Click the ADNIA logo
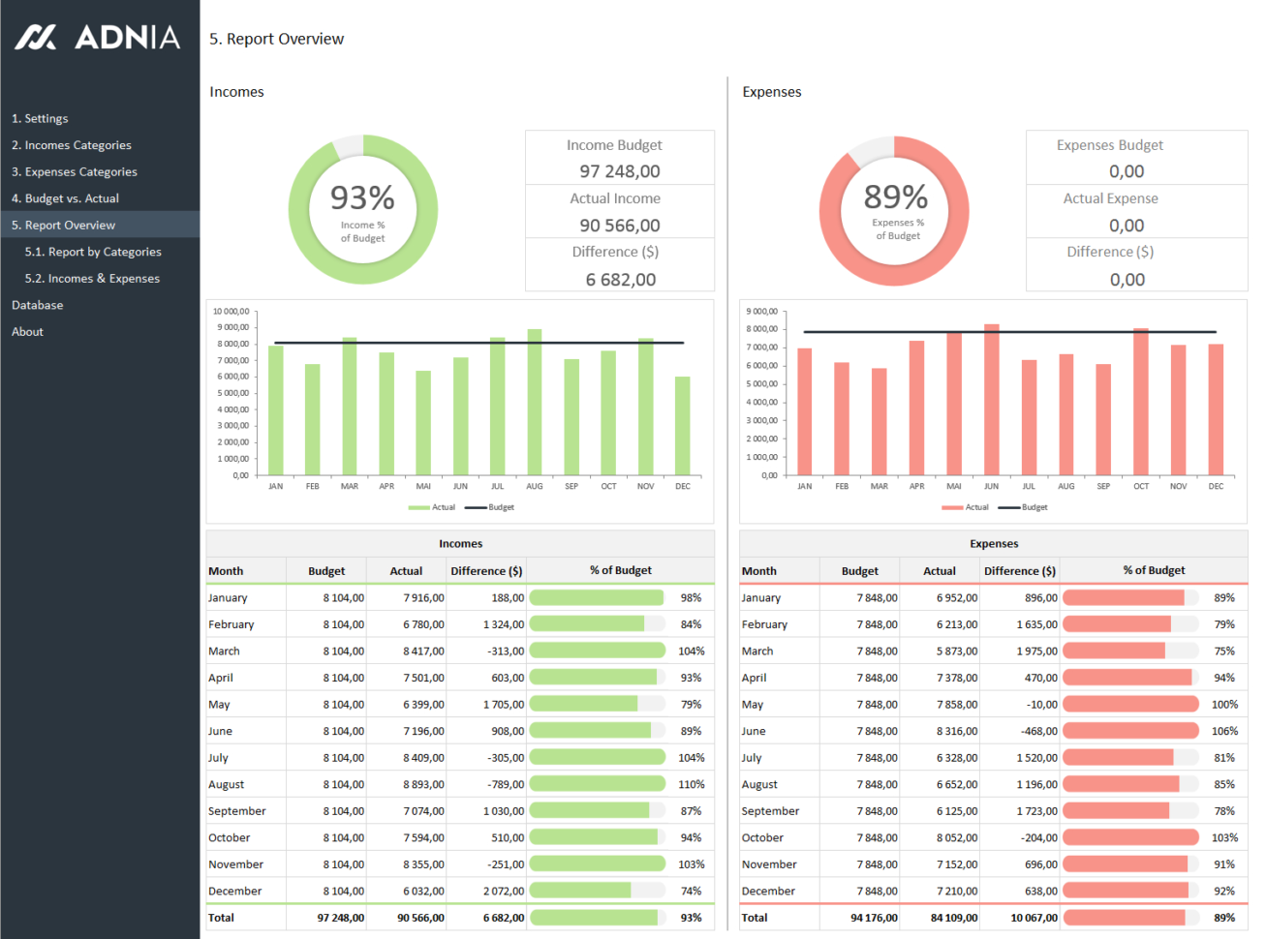[98, 38]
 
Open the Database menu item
[38, 305]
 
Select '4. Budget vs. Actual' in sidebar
[65, 198]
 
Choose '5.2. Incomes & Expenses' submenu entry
[92, 279]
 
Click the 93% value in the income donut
[362, 198]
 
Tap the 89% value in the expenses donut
[896, 197]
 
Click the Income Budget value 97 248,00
[620, 171]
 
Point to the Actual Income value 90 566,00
[620, 226]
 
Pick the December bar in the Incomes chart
[683, 426]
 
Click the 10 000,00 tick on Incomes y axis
[232, 312]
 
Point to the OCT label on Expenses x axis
[1141, 487]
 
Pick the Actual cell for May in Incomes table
[423, 705]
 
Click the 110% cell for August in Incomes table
[691, 785]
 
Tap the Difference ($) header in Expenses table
[1019, 571]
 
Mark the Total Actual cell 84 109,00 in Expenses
[953, 918]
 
